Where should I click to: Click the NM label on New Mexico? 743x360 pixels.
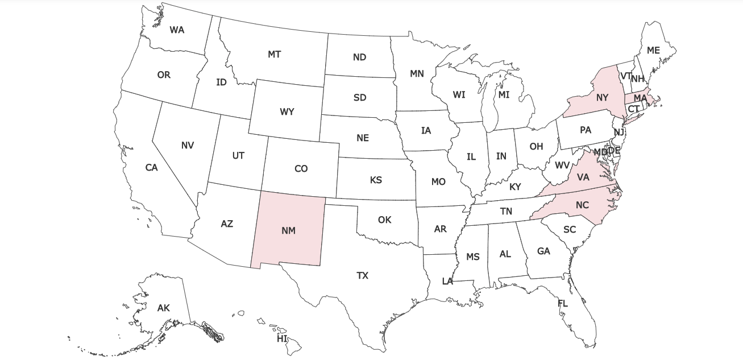pos(288,230)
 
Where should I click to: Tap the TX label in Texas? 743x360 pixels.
pos(362,276)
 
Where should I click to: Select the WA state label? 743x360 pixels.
pos(177,30)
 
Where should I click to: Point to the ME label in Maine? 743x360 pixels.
pos(653,51)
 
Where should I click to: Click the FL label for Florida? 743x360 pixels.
pos(563,304)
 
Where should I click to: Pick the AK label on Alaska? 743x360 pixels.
pos(164,308)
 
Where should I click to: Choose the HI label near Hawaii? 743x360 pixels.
pos(282,338)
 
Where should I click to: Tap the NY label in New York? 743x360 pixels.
pos(603,98)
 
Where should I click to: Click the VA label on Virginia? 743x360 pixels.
pos(583,177)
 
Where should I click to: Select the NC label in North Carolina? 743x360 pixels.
pos(582,205)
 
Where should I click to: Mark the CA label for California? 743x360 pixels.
pos(151,168)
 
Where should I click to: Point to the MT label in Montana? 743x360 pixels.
pos(274,55)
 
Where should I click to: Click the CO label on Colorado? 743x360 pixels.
pos(301,169)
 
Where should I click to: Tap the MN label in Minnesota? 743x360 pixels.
pos(417,74)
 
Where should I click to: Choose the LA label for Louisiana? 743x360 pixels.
pos(448,281)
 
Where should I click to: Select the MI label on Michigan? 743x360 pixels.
pos(504,95)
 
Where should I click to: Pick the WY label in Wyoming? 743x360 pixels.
pos(287,112)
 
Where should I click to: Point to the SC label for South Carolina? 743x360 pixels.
pos(570,230)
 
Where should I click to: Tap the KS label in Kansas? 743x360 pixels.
pos(376,180)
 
